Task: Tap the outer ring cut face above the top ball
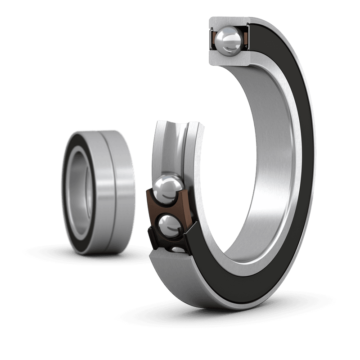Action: pos(229,22)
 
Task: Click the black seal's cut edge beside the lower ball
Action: pos(189,234)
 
